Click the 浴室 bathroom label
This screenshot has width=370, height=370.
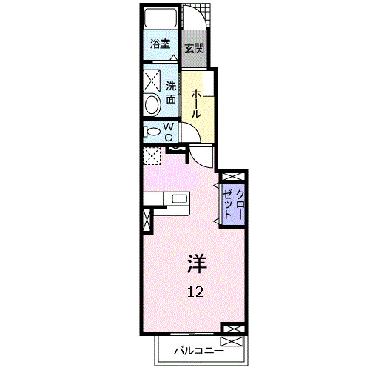[160, 44]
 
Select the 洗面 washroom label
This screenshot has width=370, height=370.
[171, 92]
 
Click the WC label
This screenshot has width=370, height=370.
[168, 132]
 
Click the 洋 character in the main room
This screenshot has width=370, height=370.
[196, 262]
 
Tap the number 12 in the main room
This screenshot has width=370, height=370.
[195, 291]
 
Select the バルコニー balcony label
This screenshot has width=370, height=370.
[199, 350]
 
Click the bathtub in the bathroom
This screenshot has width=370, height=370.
[161, 18]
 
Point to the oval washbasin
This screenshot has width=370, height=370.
[152, 104]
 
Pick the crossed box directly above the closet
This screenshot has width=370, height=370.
[232, 177]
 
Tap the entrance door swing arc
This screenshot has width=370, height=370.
[195, 15]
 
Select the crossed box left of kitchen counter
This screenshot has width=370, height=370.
[146, 220]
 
